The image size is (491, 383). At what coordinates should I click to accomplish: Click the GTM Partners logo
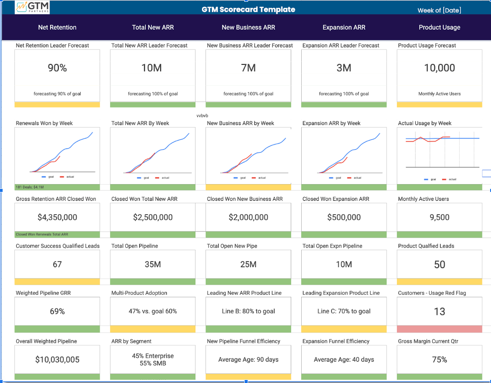pyautogui.click(x=32, y=7)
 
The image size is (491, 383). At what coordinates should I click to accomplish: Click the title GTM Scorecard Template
pyautogui.click(x=248, y=10)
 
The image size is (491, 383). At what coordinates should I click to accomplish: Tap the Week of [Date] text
pyautogui.click(x=439, y=10)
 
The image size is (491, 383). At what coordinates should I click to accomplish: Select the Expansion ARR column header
pyautogui.click(x=343, y=27)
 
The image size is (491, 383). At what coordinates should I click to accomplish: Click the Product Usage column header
pyautogui.click(x=439, y=27)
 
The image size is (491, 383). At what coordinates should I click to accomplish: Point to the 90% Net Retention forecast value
pyautogui.click(x=57, y=68)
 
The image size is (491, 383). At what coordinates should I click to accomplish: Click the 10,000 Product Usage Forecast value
pyautogui.click(x=439, y=68)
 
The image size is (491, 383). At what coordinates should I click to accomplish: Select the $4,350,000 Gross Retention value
pyautogui.click(x=57, y=217)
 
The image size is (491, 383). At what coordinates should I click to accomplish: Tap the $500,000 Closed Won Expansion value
pyautogui.click(x=343, y=217)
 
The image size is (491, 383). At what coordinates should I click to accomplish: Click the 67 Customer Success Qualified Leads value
pyautogui.click(x=57, y=264)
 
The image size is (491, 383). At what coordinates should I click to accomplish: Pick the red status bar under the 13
pyautogui.click(x=439, y=329)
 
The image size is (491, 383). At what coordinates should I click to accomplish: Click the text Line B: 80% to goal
pyautogui.click(x=248, y=311)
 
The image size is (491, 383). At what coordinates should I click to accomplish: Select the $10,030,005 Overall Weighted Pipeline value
pyautogui.click(x=57, y=359)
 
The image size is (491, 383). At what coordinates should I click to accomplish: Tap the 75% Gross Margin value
pyautogui.click(x=439, y=359)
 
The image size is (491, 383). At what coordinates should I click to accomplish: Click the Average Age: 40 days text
pyautogui.click(x=343, y=359)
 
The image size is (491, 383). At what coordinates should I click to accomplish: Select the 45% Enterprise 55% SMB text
pyautogui.click(x=153, y=359)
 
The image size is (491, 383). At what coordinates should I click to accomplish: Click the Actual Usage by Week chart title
pyautogui.click(x=424, y=123)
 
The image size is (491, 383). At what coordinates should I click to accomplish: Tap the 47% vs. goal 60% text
pyautogui.click(x=153, y=311)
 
